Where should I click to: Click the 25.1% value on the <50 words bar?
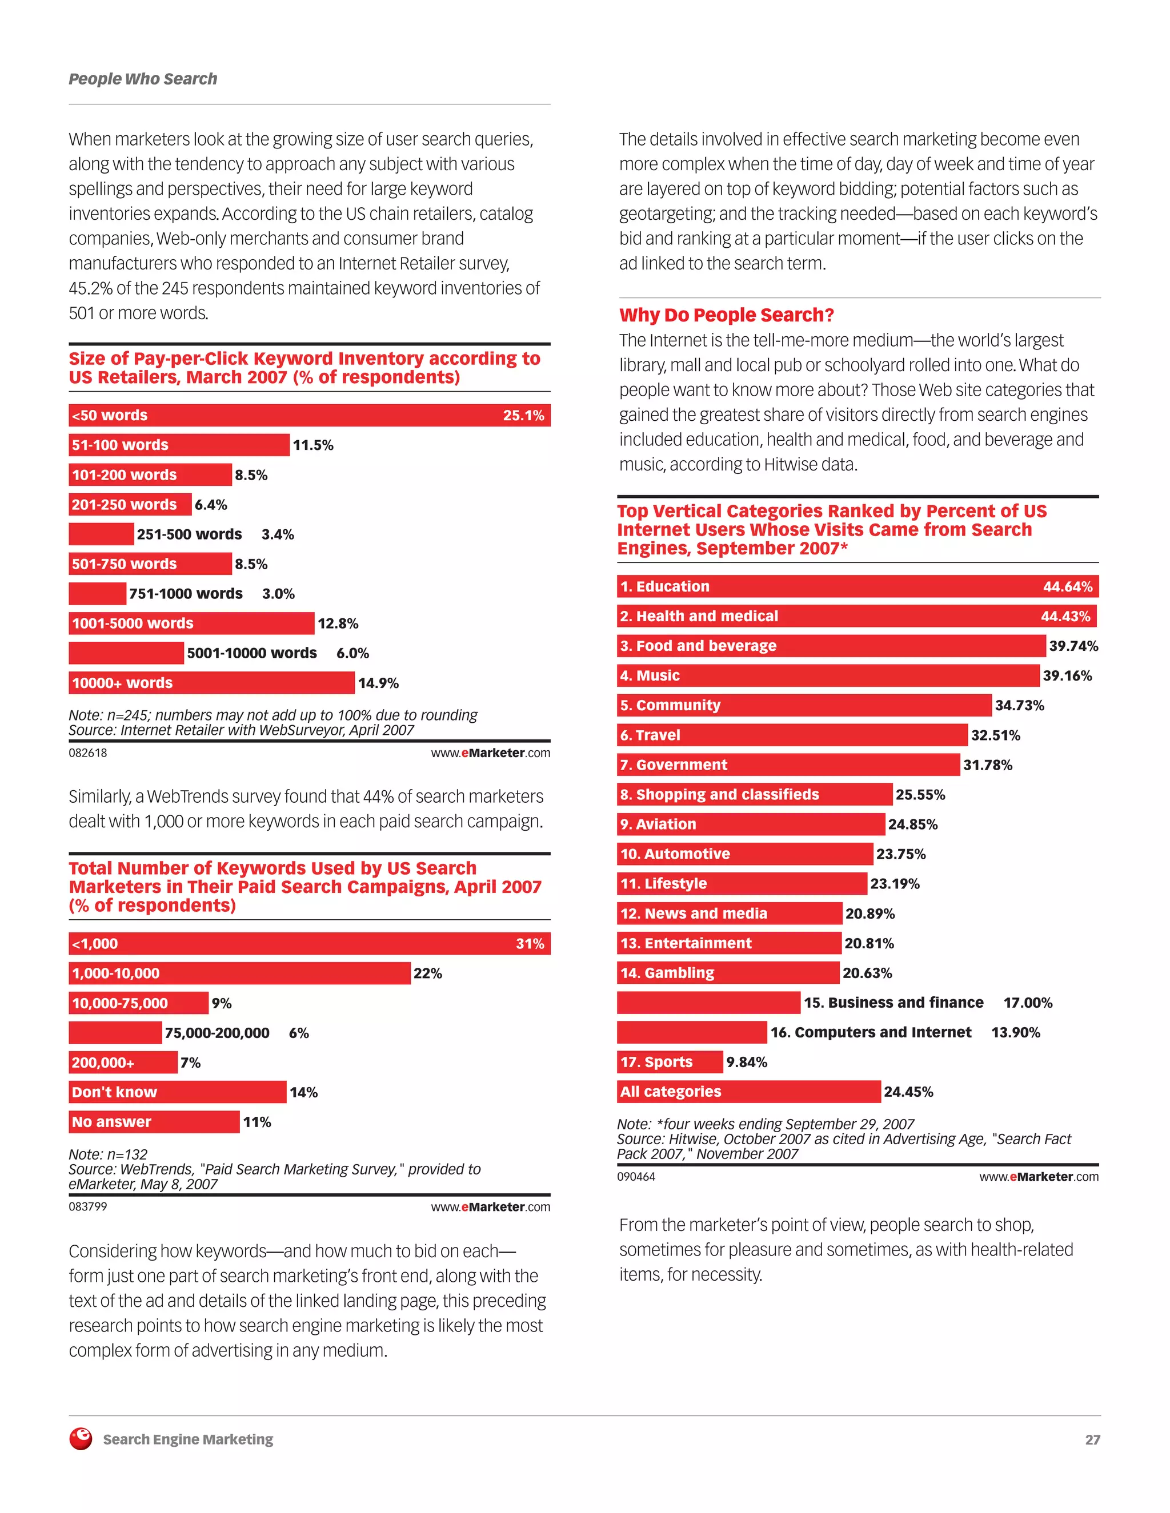tap(523, 416)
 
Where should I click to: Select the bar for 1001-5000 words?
tap(191, 623)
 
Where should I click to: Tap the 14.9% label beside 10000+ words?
tap(378, 683)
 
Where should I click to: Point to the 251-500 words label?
tap(189, 534)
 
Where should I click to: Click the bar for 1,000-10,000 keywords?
tap(239, 973)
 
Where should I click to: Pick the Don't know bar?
tap(178, 1092)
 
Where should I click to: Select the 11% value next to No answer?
tap(257, 1122)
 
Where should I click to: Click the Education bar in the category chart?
tap(858, 587)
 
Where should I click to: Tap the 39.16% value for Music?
tap(1067, 675)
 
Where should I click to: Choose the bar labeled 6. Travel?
tap(792, 735)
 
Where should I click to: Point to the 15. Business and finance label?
tap(893, 1003)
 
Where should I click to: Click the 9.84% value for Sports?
tap(747, 1062)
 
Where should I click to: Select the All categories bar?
tap(748, 1092)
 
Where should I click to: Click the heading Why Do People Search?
tap(727, 315)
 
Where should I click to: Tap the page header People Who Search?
tap(143, 79)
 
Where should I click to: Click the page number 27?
tap(1092, 1439)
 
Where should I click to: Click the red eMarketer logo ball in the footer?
tap(81, 1439)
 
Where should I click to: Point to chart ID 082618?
tap(88, 753)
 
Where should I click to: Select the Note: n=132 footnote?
tap(108, 1154)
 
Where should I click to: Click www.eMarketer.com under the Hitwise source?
tap(1038, 1176)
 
